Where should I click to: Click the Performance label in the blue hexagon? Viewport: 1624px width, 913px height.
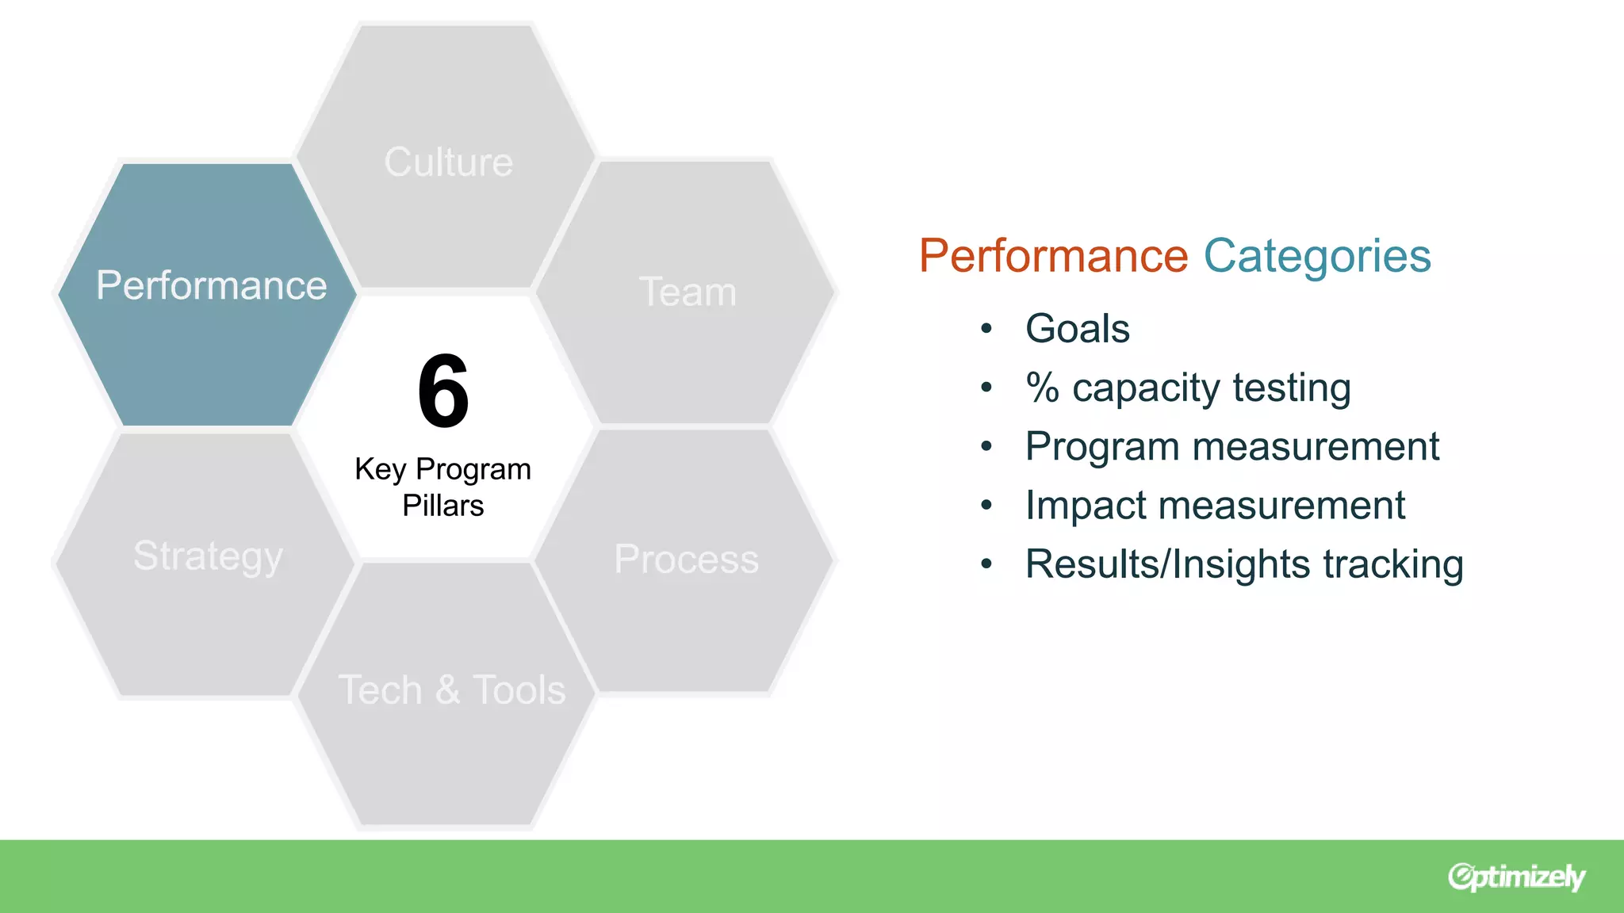pos(211,285)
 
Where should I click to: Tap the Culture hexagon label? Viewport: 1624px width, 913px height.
pos(449,162)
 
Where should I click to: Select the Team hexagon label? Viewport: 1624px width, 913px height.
pos(688,292)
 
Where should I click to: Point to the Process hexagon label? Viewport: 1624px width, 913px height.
pos(687,560)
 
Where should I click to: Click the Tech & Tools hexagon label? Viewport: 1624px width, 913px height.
pos(452,690)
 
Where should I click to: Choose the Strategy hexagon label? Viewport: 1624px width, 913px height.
pos(208,556)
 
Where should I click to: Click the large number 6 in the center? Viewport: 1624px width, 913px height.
pos(443,392)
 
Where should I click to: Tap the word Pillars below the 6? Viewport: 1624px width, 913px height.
pos(442,506)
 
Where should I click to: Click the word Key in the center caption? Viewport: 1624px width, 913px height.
pos(380,469)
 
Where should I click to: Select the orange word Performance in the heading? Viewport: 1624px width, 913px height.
pos(1053,256)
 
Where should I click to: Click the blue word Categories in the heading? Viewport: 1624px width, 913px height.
pos(1317,256)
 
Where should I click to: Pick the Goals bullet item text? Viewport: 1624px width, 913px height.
pos(1077,329)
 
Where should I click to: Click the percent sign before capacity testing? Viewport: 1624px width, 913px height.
pos(1042,388)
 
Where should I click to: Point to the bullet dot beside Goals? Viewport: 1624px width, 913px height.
pos(986,329)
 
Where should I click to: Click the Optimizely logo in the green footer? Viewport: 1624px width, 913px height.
pos(1515,877)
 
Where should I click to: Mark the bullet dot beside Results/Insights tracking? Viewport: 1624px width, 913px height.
pos(986,564)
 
